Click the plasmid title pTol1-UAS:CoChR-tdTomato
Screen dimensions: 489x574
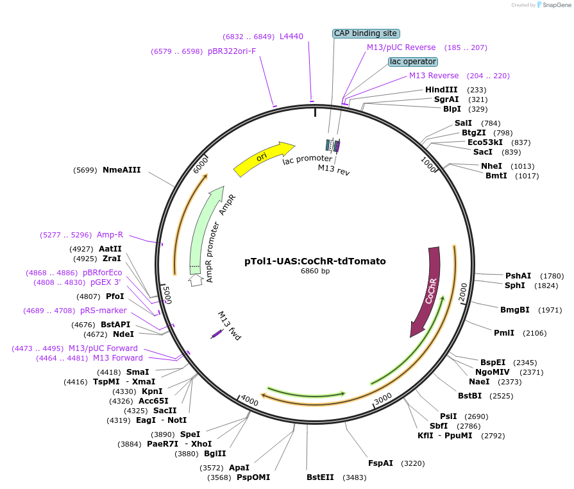315,261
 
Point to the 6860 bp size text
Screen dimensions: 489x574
315,271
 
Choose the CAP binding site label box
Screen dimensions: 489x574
366,33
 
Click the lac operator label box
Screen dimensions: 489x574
413,62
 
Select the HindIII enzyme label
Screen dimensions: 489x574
441,90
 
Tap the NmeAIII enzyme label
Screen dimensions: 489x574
121,170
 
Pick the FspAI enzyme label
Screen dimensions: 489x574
380,463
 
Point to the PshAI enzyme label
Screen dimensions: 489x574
518,275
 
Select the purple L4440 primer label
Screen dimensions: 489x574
291,37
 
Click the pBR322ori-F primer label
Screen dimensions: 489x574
232,51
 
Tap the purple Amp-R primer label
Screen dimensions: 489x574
110,234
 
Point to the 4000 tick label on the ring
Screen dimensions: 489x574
249,401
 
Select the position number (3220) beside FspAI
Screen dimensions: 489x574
414,463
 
